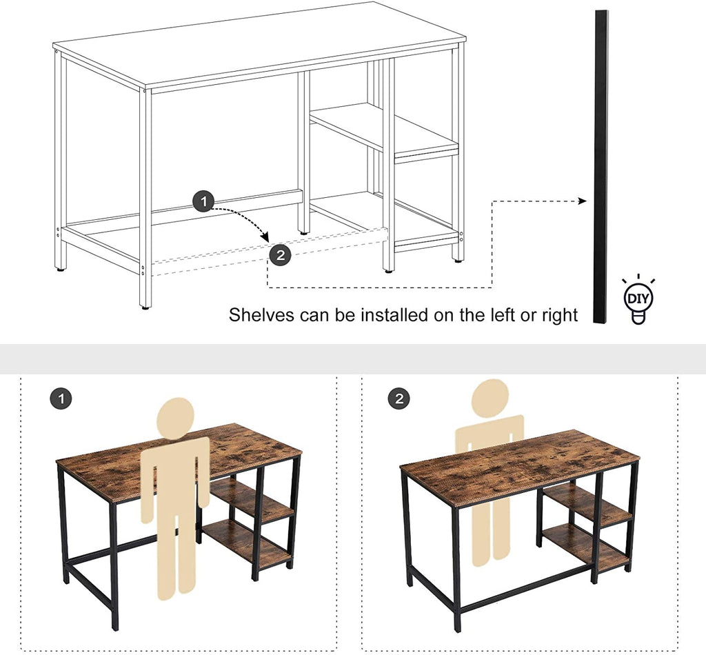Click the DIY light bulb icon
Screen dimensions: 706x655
(x=638, y=299)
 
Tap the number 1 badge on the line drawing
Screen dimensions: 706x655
(x=204, y=201)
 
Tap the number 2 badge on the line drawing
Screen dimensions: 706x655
(x=281, y=255)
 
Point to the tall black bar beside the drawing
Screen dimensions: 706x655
(x=601, y=167)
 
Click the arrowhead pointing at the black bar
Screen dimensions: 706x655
(x=582, y=201)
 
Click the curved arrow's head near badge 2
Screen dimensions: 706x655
(x=264, y=236)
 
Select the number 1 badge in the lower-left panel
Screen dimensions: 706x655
(x=61, y=399)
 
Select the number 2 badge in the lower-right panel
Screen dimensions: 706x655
(x=399, y=399)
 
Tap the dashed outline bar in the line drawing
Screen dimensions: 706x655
(x=269, y=252)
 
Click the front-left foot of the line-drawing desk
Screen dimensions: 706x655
(x=145, y=308)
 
